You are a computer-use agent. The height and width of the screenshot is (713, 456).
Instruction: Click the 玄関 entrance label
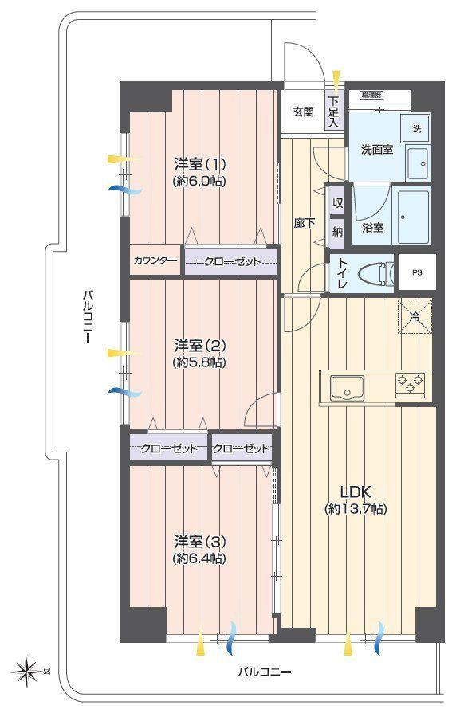pyautogui.click(x=303, y=112)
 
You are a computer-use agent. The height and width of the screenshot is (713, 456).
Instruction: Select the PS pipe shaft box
pyautogui.click(x=417, y=272)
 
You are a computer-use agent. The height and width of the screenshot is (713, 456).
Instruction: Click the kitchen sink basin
pyautogui.click(x=347, y=388)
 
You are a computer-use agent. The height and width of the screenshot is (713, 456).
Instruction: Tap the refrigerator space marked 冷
pyautogui.click(x=415, y=316)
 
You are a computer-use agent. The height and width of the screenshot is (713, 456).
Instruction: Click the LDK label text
pyautogui.click(x=356, y=492)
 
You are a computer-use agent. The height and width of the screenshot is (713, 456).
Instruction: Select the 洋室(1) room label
pyautogui.click(x=200, y=163)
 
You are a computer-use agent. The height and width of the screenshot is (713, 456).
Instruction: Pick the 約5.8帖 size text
pyautogui.click(x=199, y=362)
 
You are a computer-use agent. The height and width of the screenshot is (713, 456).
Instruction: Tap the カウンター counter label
pyautogui.click(x=155, y=261)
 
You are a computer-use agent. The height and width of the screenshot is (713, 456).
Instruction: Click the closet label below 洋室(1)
pyautogui.click(x=232, y=261)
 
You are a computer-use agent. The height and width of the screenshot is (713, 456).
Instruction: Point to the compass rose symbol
pyautogui.click(x=27, y=671)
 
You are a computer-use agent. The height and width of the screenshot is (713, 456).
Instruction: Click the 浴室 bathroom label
pyautogui.click(x=372, y=228)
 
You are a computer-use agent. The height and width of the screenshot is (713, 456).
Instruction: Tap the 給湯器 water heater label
pyautogui.click(x=371, y=95)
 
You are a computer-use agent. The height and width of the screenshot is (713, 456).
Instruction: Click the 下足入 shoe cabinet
pyautogui.click(x=335, y=111)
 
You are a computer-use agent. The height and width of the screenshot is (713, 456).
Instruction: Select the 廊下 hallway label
pyautogui.click(x=304, y=223)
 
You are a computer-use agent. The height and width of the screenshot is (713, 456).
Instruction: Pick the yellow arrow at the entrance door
pyautogui.click(x=336, y=79)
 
